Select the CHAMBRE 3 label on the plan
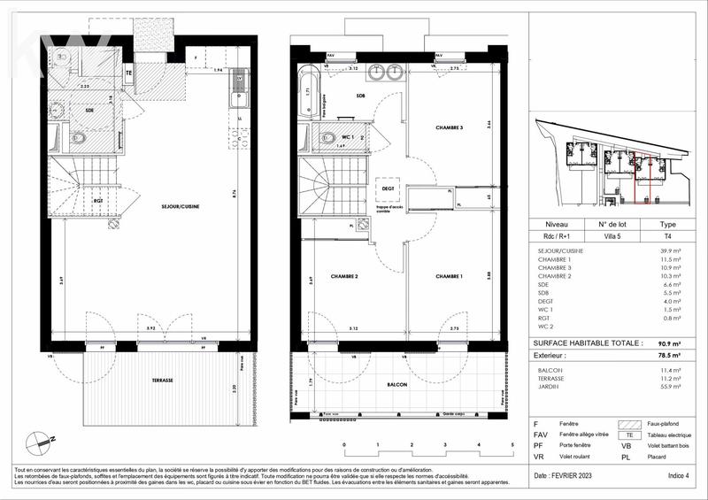[449, 128]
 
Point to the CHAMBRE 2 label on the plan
[344, 277]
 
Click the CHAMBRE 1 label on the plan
[449, 277]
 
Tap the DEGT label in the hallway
[388, 188]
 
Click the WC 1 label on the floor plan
[349, 138]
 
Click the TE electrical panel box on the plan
[128, 73]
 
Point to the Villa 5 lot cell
[612, 235]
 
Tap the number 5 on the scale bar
[512, 444]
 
